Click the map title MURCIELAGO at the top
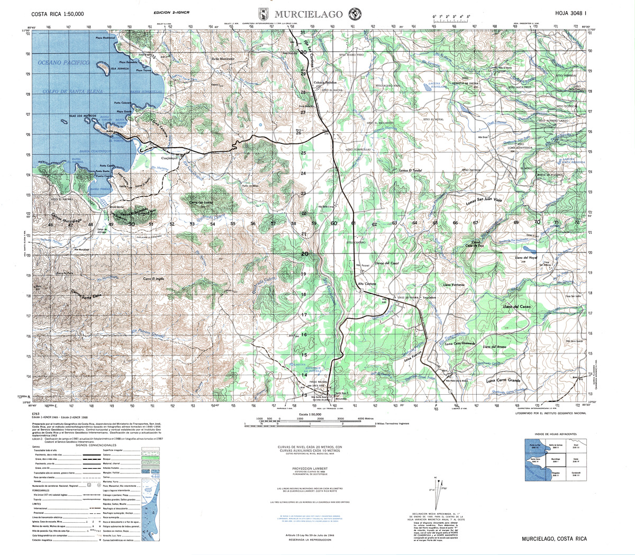tap(309, 14)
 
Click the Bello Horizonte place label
tap(223, 58)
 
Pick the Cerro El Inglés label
tap(154, 279)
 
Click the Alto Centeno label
tap(367, 285)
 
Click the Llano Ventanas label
tap(454, 285)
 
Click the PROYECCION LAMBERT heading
tap(310, 468)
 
